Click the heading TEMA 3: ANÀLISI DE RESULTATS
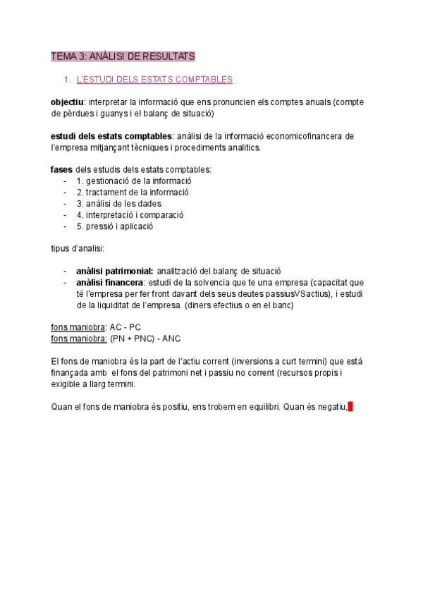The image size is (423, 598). pos(123,56)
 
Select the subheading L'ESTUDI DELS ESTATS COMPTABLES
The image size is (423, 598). pos(154,80)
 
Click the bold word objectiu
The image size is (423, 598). pos(67,102)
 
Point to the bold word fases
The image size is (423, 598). pos(61,169)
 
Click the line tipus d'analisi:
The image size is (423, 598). pos(78,248)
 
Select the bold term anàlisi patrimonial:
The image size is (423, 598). pos(114,271)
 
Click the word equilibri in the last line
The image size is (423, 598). pos(261,407)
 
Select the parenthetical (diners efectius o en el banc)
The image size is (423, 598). pos(233,305)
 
